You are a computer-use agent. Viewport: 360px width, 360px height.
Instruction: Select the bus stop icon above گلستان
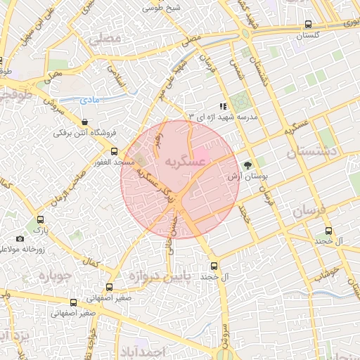(310, 24)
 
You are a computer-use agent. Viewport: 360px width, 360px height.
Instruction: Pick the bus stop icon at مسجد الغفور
(115, 152)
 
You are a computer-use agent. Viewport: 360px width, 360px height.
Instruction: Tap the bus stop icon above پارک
(40, 219)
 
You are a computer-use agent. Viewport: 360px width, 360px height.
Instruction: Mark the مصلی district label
(105, 38)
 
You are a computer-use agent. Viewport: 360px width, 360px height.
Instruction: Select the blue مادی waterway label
(89, 100)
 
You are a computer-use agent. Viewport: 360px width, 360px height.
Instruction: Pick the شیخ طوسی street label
(161, 8)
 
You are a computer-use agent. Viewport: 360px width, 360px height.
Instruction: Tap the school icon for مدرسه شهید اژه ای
(223, 106)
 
